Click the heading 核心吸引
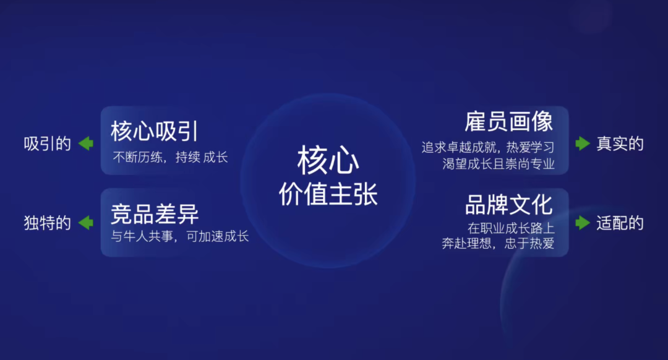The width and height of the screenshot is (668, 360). [155, 131]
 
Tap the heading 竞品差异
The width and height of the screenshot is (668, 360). [155, 214]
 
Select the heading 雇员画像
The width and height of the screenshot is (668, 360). [509, 122]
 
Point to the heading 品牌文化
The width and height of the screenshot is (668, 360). [509, 205]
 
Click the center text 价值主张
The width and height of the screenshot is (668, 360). [328, 194]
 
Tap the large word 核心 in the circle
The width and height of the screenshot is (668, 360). [328, 160]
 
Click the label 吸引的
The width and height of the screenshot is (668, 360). [47, 144]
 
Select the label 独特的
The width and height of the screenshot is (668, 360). [47, 223]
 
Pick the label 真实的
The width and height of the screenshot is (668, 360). [620, 144]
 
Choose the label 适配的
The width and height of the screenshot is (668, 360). [620, 223]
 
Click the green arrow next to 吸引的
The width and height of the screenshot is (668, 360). [86, 144]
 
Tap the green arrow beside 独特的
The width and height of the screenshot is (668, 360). [86, 223]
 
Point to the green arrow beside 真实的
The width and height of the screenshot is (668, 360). [583, 144]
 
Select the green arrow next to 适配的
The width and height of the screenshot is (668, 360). [583, 223]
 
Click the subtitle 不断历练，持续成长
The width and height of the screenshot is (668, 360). [170, 157]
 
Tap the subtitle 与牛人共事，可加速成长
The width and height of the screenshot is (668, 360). [180, 236]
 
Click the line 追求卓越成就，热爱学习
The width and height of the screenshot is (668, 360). [488, 147]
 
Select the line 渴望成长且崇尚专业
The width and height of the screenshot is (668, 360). [499, 163]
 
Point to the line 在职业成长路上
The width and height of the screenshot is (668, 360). [512, 228]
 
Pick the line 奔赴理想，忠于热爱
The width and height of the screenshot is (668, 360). [498, 243]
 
